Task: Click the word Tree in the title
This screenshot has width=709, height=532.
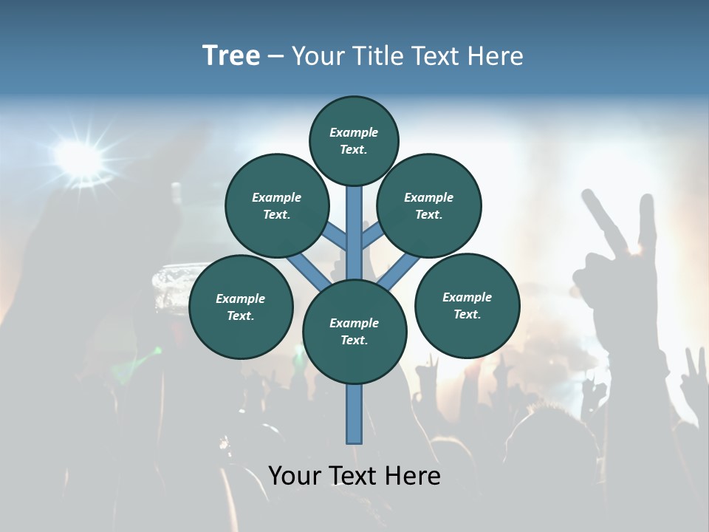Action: [x=231, y=56]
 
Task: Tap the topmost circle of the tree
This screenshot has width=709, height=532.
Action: [x=354, y=140]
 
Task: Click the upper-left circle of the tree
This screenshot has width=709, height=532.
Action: [x=276, y=205]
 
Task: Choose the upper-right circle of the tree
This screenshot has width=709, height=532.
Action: [x=429, y=205]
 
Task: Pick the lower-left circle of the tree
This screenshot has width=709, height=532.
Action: [x=241, y=307]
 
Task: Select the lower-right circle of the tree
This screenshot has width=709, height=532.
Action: [x=467, y=305]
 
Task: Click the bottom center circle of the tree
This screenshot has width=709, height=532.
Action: [x=354, y=332]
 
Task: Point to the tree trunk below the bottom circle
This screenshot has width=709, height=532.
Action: [x=354, y=414]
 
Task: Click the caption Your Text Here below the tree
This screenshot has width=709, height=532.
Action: [x=354, y=476]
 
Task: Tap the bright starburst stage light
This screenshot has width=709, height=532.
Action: [x=79, y=155]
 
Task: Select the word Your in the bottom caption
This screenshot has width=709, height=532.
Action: [x=295, y=476]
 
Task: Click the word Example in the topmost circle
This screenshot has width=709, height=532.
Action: [x=354, y=132]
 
